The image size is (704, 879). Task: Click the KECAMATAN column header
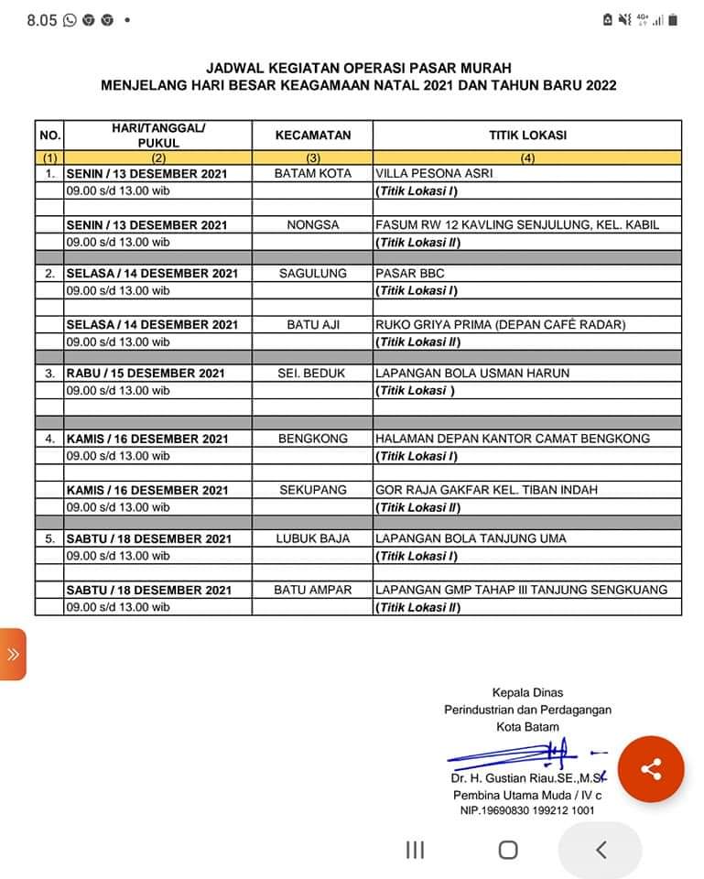(x=312, y=135)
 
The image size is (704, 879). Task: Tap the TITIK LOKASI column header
(x=527, y=135)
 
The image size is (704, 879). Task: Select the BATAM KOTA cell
(x=312, y=173)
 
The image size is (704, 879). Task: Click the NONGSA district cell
(x=312, y=224)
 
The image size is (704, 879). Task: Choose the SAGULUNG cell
(x=312, y=273)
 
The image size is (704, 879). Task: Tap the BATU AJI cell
(x=312, y=324)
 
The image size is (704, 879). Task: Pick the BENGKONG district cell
(x=312, y=439)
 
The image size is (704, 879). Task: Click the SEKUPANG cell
(x=312, y=490)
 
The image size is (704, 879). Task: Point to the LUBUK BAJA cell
(x=312, y=538)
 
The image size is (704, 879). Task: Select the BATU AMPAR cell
(x=312, y=590)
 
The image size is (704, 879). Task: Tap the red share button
(x=651, y=769)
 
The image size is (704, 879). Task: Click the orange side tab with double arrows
(x=13, y=654)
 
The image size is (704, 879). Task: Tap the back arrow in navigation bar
(x=601, y=850)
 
